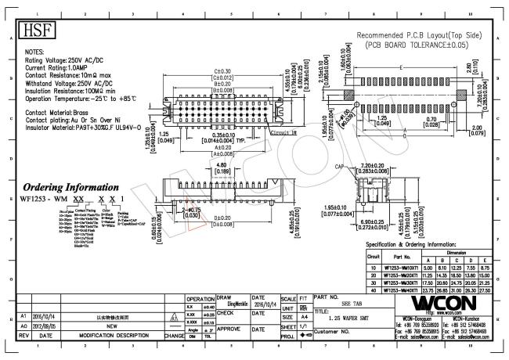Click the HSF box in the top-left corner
click(x=31, y=29)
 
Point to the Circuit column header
click(x=374, y=257)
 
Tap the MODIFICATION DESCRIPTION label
click(x=114, y=336)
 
